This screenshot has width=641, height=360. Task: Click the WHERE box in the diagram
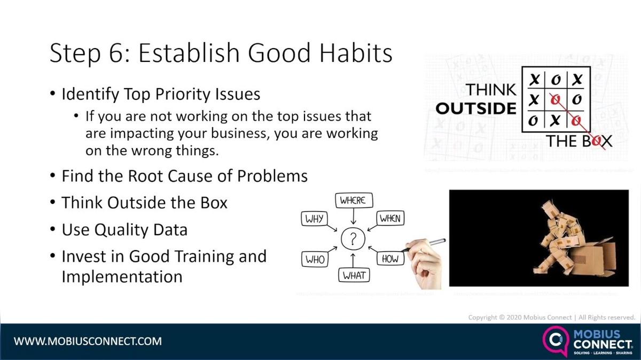(353, 201)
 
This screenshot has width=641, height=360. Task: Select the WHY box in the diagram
(314, 218)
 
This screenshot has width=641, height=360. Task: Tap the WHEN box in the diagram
(390, 218)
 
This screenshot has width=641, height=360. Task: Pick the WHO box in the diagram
(315, 259)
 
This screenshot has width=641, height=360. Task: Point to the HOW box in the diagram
(390, 259)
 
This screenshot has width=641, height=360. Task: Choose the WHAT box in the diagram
(354, 275)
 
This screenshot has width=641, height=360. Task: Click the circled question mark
(353, 239)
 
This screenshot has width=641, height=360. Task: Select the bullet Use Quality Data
(124, 230)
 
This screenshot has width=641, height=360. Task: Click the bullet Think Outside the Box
(144, 203)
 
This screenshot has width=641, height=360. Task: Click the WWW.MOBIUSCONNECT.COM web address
(88, 341)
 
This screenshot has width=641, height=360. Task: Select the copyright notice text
(551, 317)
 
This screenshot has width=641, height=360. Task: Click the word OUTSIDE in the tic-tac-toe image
(476, 108)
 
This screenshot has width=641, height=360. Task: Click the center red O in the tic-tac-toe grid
(556, 99)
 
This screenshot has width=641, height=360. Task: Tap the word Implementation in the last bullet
(122, 277)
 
